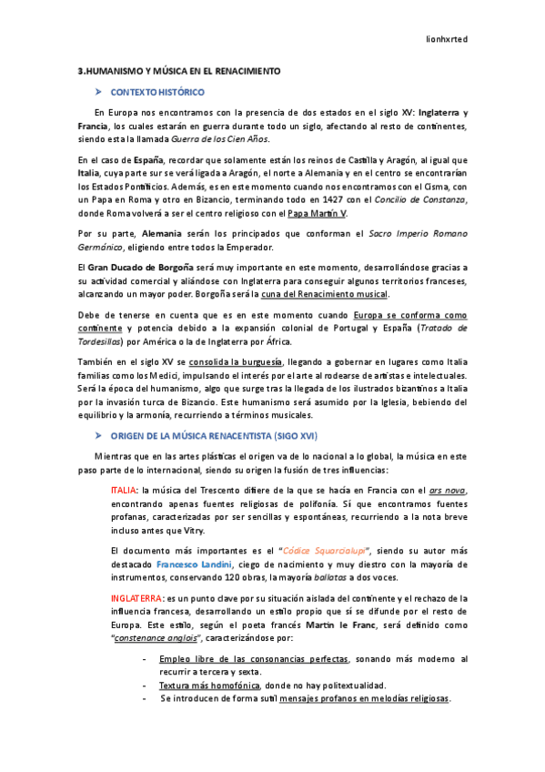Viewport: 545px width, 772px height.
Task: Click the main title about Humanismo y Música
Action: pos(178,70)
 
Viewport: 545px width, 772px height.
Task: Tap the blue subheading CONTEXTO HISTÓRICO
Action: pos(157,92)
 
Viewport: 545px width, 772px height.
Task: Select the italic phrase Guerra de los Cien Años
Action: pos(221,138)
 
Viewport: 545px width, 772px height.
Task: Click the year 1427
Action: pos(358,200)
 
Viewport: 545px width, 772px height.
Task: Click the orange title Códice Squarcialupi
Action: pos(324,551)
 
